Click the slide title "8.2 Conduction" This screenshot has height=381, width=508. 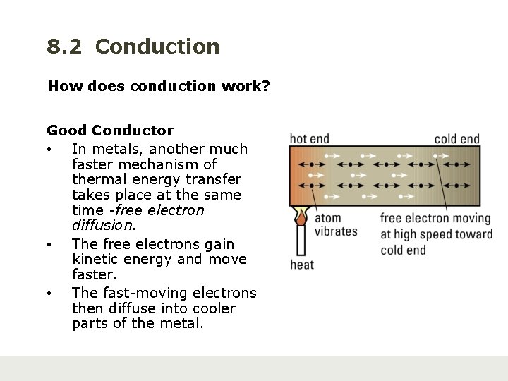(133, 47)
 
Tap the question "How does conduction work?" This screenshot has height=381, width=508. (159, 86)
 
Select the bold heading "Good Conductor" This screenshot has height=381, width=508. (110, 130)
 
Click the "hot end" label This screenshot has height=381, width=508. (310, 139)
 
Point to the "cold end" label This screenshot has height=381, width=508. (457, 139)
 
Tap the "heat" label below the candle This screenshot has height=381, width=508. (302, 265)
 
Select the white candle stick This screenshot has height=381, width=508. (301, 240)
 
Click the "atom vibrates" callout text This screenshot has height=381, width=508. (335, 225)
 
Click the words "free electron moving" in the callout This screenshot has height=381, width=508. (435, 219)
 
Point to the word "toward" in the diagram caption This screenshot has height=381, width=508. (473, 234)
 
